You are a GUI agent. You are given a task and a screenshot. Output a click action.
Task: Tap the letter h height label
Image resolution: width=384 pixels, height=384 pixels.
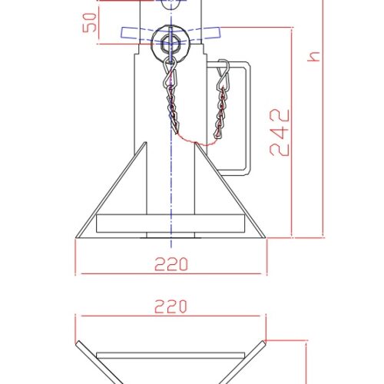tap(313, 56)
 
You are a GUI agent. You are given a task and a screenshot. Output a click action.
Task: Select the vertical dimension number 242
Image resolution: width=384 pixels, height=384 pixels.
tap(281, 132)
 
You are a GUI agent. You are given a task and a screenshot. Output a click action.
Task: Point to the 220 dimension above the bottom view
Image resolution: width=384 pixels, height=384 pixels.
tap(170, 306)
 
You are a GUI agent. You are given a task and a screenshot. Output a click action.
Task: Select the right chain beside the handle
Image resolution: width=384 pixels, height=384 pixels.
tap(223, 108)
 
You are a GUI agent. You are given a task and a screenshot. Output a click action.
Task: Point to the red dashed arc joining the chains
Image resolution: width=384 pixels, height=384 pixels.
tap(196, 142)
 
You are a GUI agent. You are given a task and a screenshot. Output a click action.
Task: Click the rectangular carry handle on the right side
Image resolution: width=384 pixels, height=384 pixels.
tap(242, 115)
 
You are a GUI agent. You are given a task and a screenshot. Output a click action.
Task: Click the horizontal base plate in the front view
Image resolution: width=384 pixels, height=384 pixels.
tap(170, 224)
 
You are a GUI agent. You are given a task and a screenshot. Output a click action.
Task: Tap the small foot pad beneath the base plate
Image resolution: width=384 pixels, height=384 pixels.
tap(170, 235)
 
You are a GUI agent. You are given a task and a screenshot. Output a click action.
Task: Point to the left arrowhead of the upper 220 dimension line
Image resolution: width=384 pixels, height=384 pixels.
tap(79, 316)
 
